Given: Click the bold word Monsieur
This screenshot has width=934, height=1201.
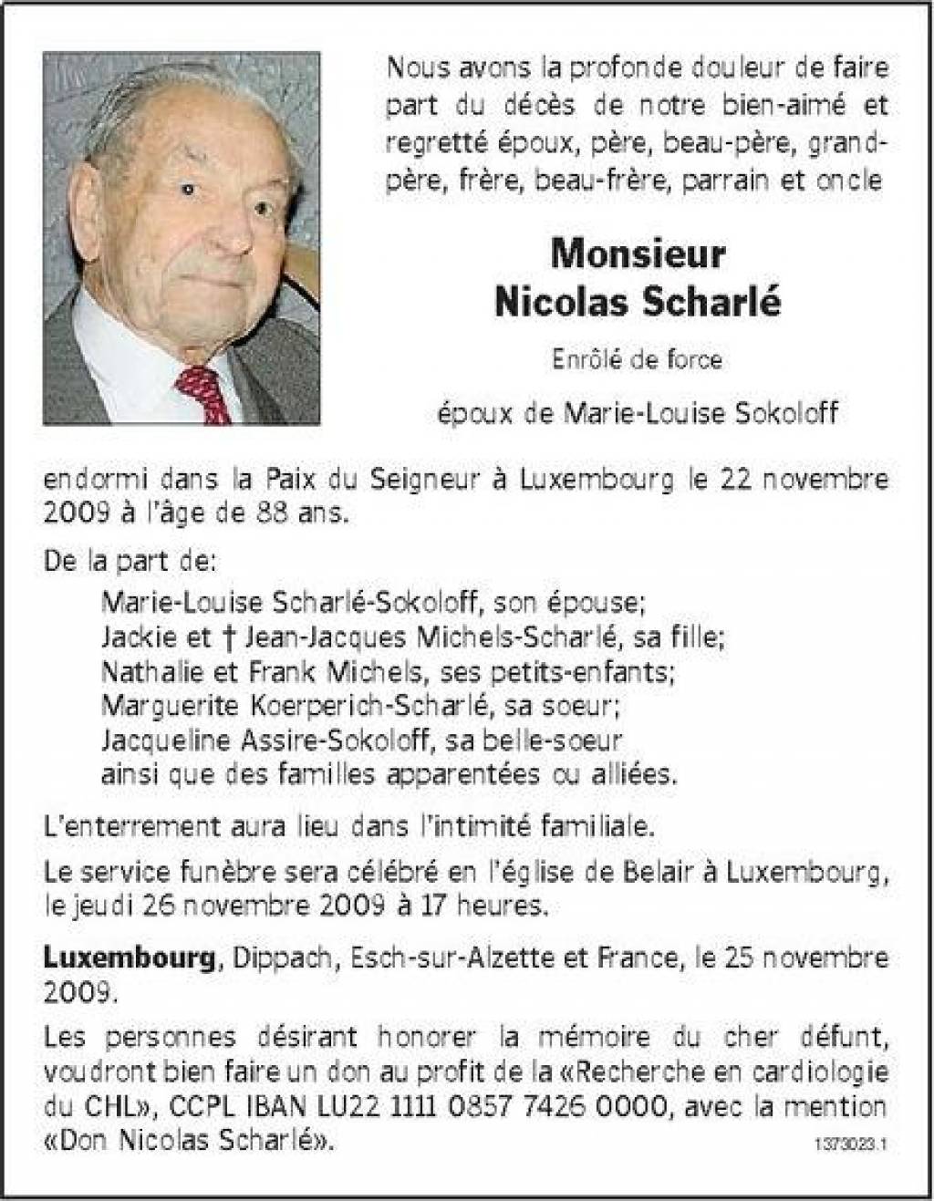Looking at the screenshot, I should click(x=638, y=254).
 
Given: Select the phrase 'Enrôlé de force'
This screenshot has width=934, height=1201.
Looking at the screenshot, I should click(x=637, y=360).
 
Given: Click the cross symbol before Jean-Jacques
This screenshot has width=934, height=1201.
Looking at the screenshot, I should click(x=231, y=636).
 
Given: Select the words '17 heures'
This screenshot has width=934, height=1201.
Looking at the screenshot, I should click(x=491, y=906).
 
